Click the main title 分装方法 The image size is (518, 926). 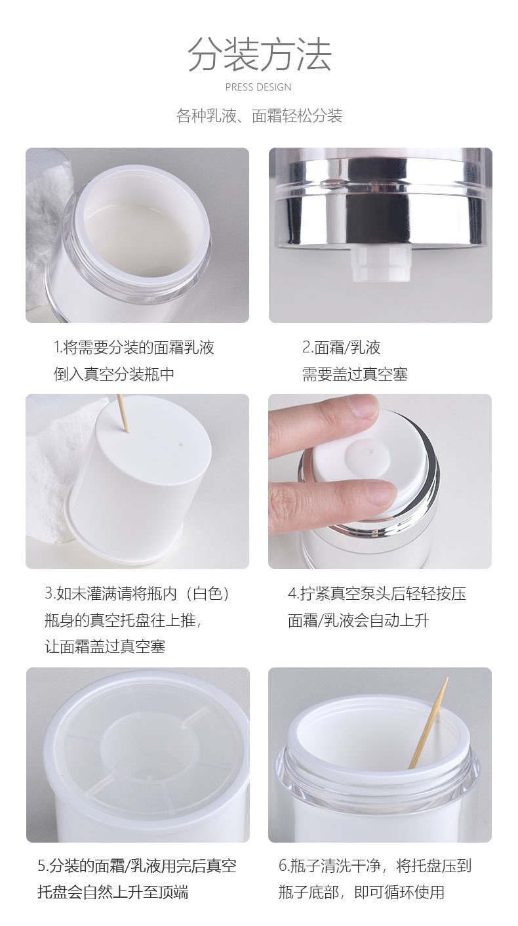coord(260,54)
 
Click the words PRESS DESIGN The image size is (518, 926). coord(258,87)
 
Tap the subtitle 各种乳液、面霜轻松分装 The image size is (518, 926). coord(260,116)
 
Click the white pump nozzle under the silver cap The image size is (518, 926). coord(381,264)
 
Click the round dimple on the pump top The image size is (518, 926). coord(367,457)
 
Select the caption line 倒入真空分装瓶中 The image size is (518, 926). coord(114,374)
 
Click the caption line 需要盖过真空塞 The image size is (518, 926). coord(355,374)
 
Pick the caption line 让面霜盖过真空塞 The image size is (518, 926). coord(105,646)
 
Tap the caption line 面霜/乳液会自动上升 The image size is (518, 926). coord(359,620)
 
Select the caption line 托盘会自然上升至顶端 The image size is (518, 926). coord(113,892)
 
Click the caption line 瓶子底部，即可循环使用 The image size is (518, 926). coord(361,892)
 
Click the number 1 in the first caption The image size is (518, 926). coord(56,347)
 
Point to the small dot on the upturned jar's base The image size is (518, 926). coord(180,445)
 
